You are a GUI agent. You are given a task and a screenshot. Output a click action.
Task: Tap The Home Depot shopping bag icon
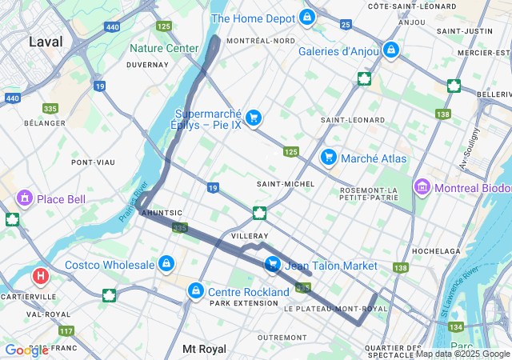tap(307, 17)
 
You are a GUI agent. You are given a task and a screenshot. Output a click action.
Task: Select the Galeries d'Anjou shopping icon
tap(390, 50)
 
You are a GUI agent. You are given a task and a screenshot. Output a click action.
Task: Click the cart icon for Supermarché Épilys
tap(254, 118)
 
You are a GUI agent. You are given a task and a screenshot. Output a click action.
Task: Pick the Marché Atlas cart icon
tap(327, 157)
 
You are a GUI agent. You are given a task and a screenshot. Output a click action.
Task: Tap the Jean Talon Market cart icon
tap(272, 263)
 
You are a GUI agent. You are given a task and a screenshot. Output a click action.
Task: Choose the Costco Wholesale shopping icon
tap(166, 263)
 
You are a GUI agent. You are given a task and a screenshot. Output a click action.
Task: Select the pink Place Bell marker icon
tap(24, 197)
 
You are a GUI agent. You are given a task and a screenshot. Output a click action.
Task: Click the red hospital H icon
tap(40, 277)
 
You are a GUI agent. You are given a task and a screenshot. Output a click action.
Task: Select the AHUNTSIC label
tap(162, 213)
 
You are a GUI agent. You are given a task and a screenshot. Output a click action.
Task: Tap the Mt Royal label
tap(205, 349)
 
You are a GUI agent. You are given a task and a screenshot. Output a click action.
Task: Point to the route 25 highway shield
tap(346, 25)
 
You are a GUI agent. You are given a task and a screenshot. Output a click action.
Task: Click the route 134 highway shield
tap(457, 326)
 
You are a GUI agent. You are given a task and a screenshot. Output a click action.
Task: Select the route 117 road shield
tap(66, 330)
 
